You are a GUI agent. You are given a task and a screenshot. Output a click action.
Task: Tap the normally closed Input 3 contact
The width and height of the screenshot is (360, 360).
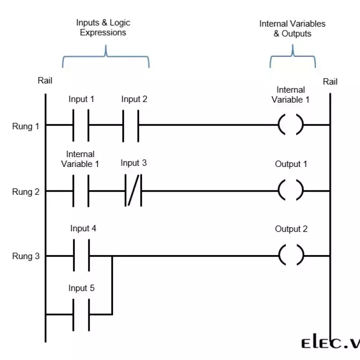click(133, 191)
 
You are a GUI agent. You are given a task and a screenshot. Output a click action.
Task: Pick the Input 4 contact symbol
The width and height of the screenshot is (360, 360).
click(81, 256)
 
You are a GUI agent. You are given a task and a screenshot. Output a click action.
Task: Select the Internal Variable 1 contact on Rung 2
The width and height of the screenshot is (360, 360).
click(81, 191)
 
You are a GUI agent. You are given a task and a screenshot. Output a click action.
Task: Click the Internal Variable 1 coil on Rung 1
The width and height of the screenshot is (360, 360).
click(291, 125)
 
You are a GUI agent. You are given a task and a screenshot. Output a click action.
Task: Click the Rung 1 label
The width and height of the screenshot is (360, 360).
click(22, 126)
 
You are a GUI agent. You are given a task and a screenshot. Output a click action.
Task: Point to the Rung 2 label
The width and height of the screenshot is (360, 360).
click(22, 192)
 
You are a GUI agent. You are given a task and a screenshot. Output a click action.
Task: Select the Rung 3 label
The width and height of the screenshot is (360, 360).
click(22, 257)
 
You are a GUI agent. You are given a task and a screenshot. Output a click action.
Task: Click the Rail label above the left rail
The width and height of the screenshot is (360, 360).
click(45, 81)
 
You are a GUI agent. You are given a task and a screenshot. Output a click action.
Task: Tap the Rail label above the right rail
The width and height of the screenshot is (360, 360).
click(330, 81)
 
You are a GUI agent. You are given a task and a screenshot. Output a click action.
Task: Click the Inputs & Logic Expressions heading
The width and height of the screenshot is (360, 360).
click(103, 27)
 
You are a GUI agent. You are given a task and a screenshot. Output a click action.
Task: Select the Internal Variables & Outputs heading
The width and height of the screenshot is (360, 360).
click(292, 29)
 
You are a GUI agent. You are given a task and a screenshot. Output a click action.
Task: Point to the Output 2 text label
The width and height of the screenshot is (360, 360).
click(291, 229)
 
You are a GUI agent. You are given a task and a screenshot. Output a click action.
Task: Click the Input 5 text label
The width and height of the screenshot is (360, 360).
click(81, 288)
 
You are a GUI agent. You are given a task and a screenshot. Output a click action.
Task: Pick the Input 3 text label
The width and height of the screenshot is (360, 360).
click(134, 163)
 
